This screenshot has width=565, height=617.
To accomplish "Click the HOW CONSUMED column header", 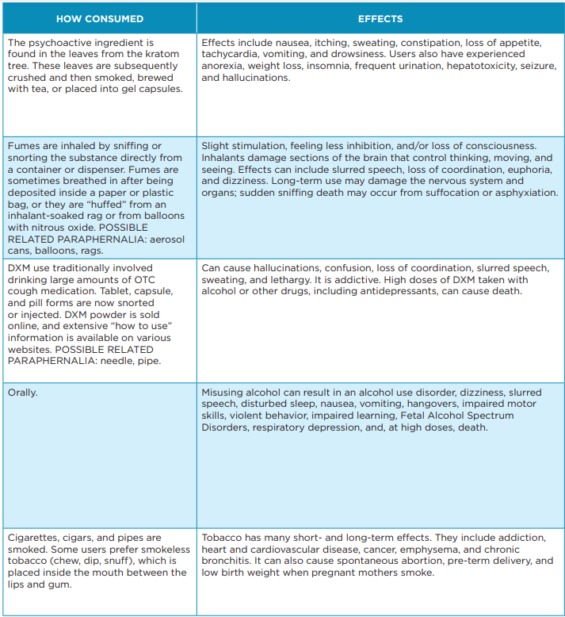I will (100, 19).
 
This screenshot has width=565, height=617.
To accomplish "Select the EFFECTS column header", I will (380, 19).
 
